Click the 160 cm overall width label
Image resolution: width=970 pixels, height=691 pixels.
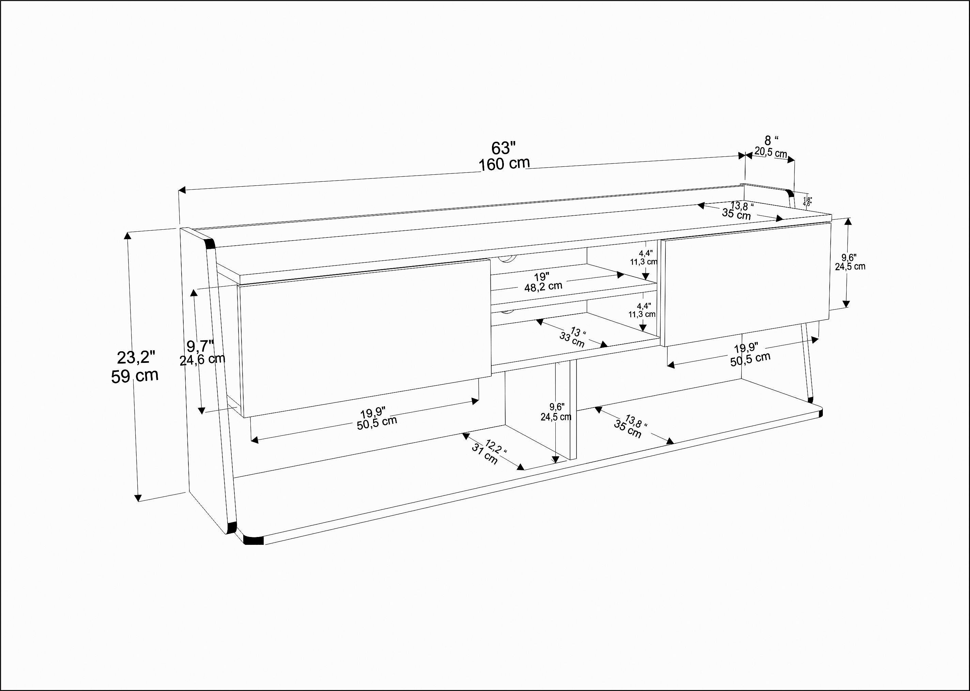[x=505, y=164]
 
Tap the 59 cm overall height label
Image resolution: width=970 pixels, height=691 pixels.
[x=135, y=376]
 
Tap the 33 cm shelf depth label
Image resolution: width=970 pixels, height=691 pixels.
[x=572, y=340]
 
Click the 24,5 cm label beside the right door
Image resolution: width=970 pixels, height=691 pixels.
[x=850, y=267]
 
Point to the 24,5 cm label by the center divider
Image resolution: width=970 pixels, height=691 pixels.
[x=556, y=417]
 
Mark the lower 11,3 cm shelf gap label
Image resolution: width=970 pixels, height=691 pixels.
[x=642, y=314]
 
